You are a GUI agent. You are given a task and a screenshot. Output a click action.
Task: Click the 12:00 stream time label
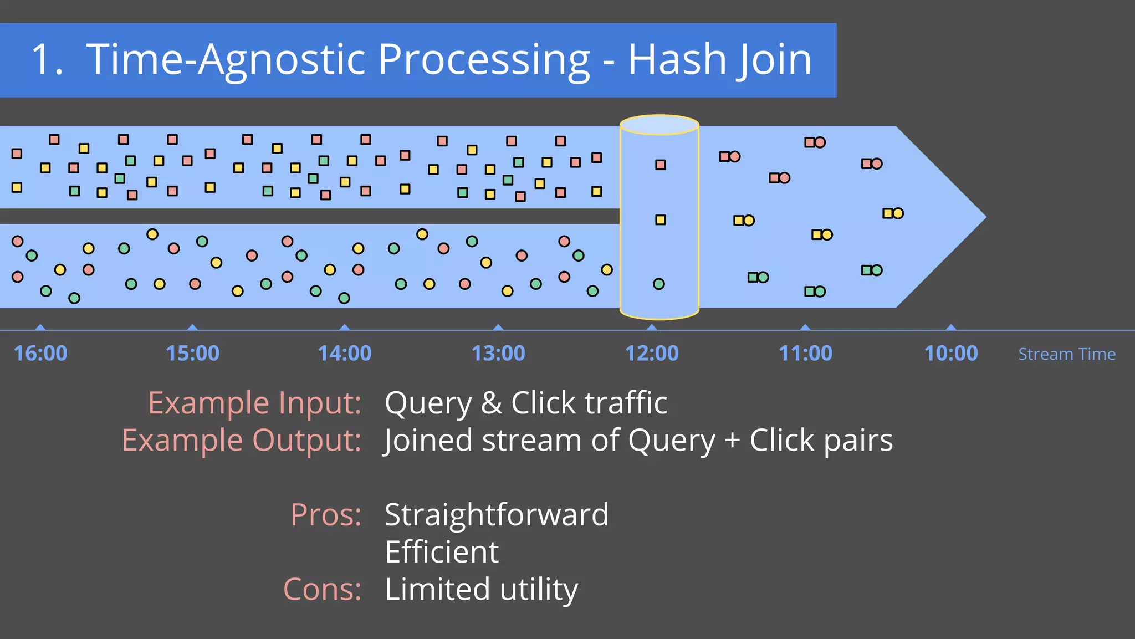[652, 353]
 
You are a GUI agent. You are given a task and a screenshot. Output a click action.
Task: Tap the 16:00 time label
[40, 353]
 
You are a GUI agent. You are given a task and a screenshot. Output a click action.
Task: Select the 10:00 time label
[951, 353]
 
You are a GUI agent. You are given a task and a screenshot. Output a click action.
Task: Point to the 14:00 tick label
[345, 353]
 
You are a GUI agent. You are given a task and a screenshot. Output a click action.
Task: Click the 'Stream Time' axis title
[1067, 354]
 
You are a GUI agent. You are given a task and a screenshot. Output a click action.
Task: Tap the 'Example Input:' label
[254, 403]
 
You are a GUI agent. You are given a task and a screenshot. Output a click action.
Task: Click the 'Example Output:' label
[242, 441]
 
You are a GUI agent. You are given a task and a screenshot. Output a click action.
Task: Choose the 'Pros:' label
[326, 515]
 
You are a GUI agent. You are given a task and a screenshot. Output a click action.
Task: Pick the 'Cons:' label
[322, 589]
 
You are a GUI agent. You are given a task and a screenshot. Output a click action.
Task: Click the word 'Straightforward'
[497, 515]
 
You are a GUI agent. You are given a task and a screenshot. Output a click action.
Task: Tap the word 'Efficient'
[442, 552]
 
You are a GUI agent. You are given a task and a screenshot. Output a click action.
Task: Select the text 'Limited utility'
[481, 589]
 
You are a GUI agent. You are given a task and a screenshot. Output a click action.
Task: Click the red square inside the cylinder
[660, 165]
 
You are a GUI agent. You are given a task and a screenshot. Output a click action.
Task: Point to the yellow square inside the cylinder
[660, 220]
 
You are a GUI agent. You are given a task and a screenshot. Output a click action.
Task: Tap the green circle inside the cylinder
[658, 284]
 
